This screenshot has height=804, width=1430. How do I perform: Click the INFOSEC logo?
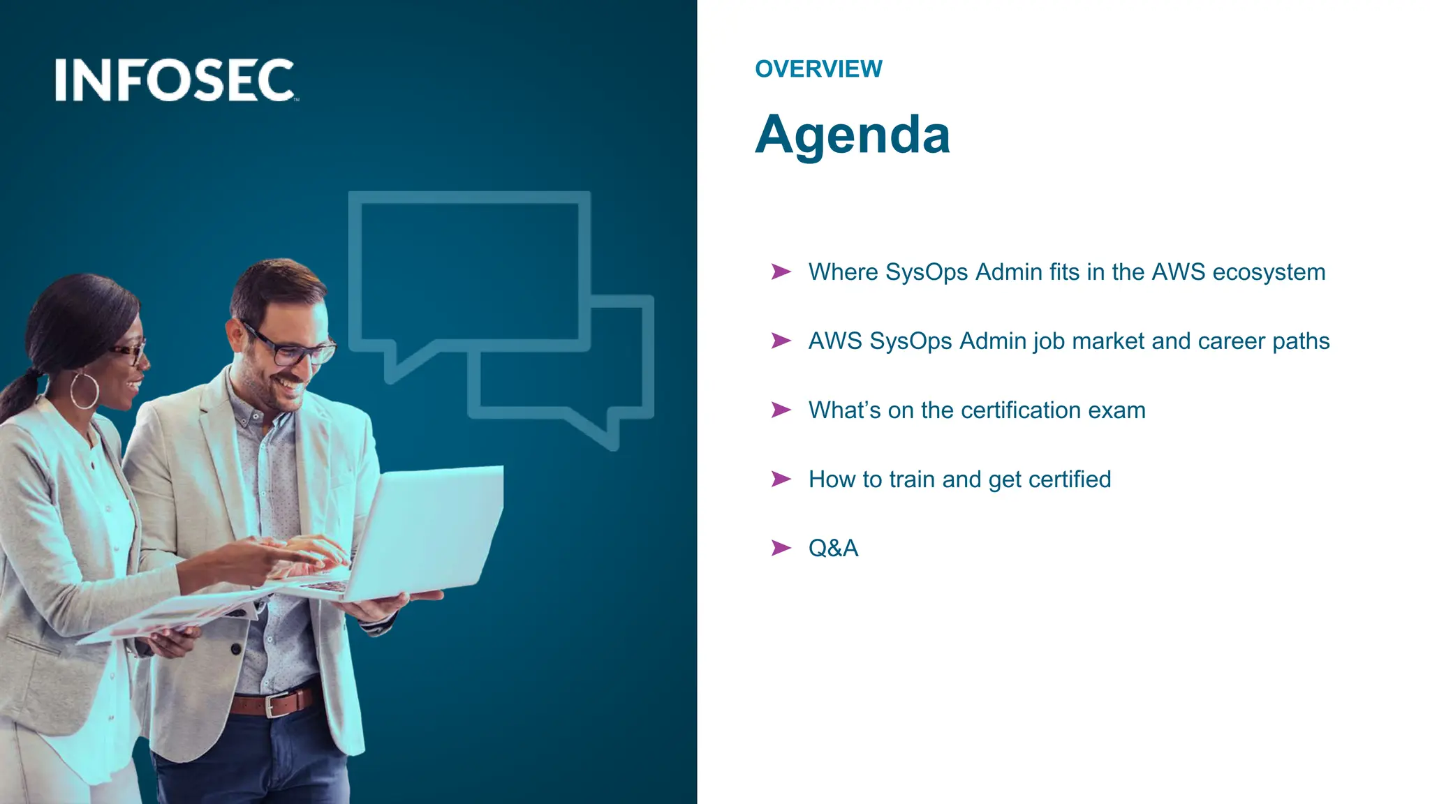point(176,80)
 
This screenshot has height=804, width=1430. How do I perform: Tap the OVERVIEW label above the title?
point(818,69)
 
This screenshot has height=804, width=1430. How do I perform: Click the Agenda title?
point(853,134)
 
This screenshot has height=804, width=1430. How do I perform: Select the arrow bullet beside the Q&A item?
point(781,548)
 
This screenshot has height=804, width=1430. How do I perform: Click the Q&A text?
point(833,549)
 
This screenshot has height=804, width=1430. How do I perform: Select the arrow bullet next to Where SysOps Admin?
point(781,271)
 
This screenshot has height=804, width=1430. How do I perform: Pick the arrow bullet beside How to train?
point(781,479)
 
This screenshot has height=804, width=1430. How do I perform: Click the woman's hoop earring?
point(84,390)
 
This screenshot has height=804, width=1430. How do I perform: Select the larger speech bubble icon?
point(469,272)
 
